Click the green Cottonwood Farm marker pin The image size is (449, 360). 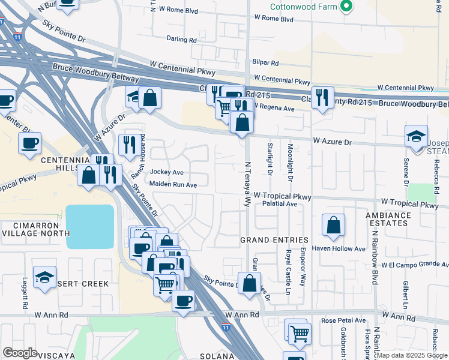(346, 7)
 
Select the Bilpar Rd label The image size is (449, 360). (266, 62)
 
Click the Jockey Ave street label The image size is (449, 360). (166, 172)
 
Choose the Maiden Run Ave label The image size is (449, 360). (173, 185)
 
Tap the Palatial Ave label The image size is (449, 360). (280, 204)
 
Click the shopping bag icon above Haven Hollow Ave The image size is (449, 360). (333, 226)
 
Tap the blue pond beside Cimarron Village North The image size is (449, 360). (90, 226)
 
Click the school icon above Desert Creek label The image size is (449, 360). (44, 277)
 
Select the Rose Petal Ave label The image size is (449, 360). (343, 321)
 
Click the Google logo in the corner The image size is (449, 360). (20, 353)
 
